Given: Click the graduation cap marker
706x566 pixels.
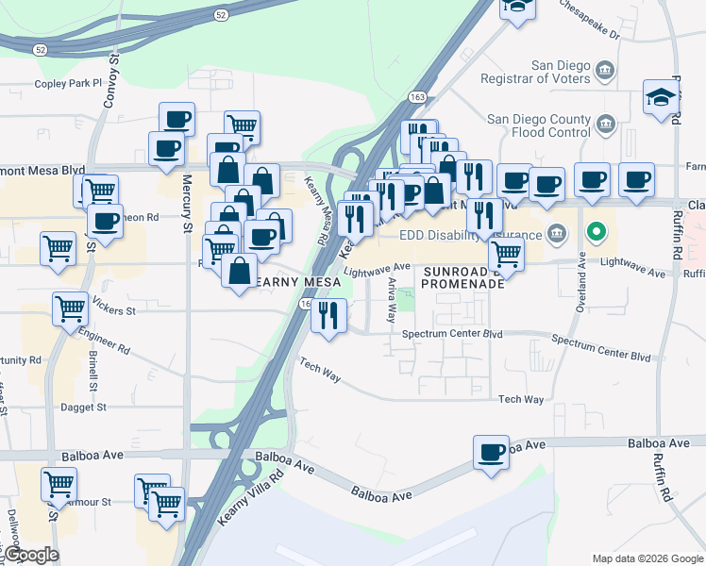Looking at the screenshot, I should click(x=661, y=96).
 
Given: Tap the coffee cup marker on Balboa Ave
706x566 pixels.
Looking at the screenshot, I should click(x=491, y=453).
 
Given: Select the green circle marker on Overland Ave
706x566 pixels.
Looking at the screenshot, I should click(x=596, y=230).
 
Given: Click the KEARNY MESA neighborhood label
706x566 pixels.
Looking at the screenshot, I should click(x=288, y=282).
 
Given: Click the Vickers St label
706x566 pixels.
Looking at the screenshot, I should click(x=113, y=308).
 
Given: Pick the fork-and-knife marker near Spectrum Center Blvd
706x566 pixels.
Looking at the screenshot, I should click(x=329, y=314).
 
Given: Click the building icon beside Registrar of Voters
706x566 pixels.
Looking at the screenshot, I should click(x=605, y=69).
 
